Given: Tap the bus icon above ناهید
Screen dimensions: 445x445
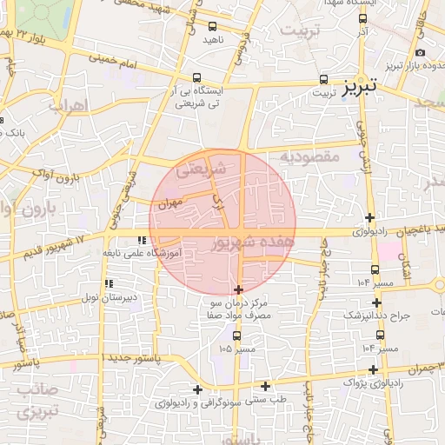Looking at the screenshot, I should point(213,27).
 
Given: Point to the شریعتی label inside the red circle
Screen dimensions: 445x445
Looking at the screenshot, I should point(202,171).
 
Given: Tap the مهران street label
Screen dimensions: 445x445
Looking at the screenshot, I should point(168,204).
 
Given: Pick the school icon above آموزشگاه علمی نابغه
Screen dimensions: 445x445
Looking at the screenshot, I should point(141,240).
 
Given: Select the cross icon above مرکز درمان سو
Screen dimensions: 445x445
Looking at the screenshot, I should point(239,289).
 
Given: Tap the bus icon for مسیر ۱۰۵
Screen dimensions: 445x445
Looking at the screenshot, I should point(236,335).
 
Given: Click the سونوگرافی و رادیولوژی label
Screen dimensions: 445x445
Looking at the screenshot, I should point(196,402).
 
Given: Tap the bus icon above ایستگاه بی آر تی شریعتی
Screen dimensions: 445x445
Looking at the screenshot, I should point(198,77).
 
